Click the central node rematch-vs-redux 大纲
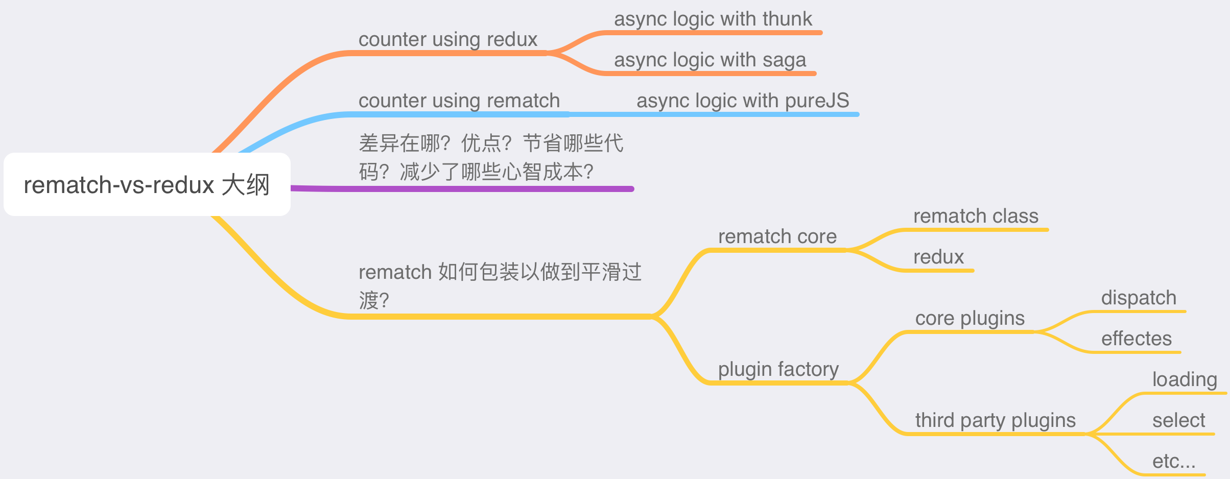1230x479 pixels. point(147,184)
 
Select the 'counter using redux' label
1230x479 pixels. point(448,40)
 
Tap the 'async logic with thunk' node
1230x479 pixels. point(713,19)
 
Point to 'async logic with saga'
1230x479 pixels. point(710,60)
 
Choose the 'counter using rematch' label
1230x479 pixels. point(459,101)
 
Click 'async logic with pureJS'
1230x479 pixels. point(743,101)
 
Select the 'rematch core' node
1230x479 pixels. point(777,236)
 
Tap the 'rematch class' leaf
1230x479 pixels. point(976,216)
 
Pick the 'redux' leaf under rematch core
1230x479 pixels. point(938,257)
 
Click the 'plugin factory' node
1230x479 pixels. point(778,370)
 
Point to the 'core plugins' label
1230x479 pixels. point(970,319)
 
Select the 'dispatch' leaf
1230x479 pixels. point(1139,298)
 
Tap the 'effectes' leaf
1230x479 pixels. point(1137,339)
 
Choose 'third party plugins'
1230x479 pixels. point(996,421)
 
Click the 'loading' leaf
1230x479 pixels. point(1185,380)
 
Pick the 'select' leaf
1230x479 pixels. point(1178,420)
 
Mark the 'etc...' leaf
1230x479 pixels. point(1174,462)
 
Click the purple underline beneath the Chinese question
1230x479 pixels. point(462,189)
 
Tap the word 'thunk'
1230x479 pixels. point(787,19)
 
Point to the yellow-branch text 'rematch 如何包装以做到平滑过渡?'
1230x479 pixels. point(500,286)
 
